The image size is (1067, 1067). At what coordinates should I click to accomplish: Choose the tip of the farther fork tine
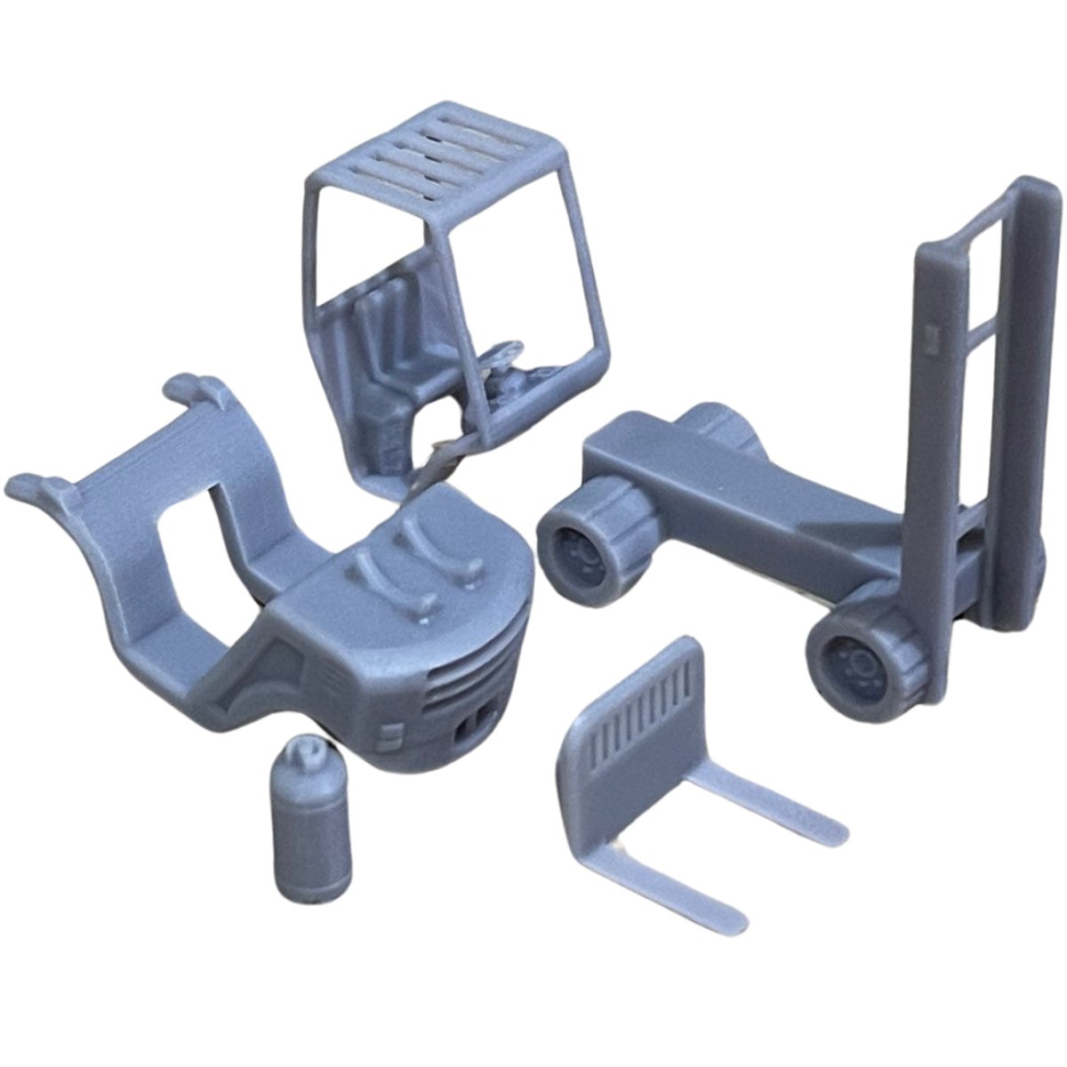831,822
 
